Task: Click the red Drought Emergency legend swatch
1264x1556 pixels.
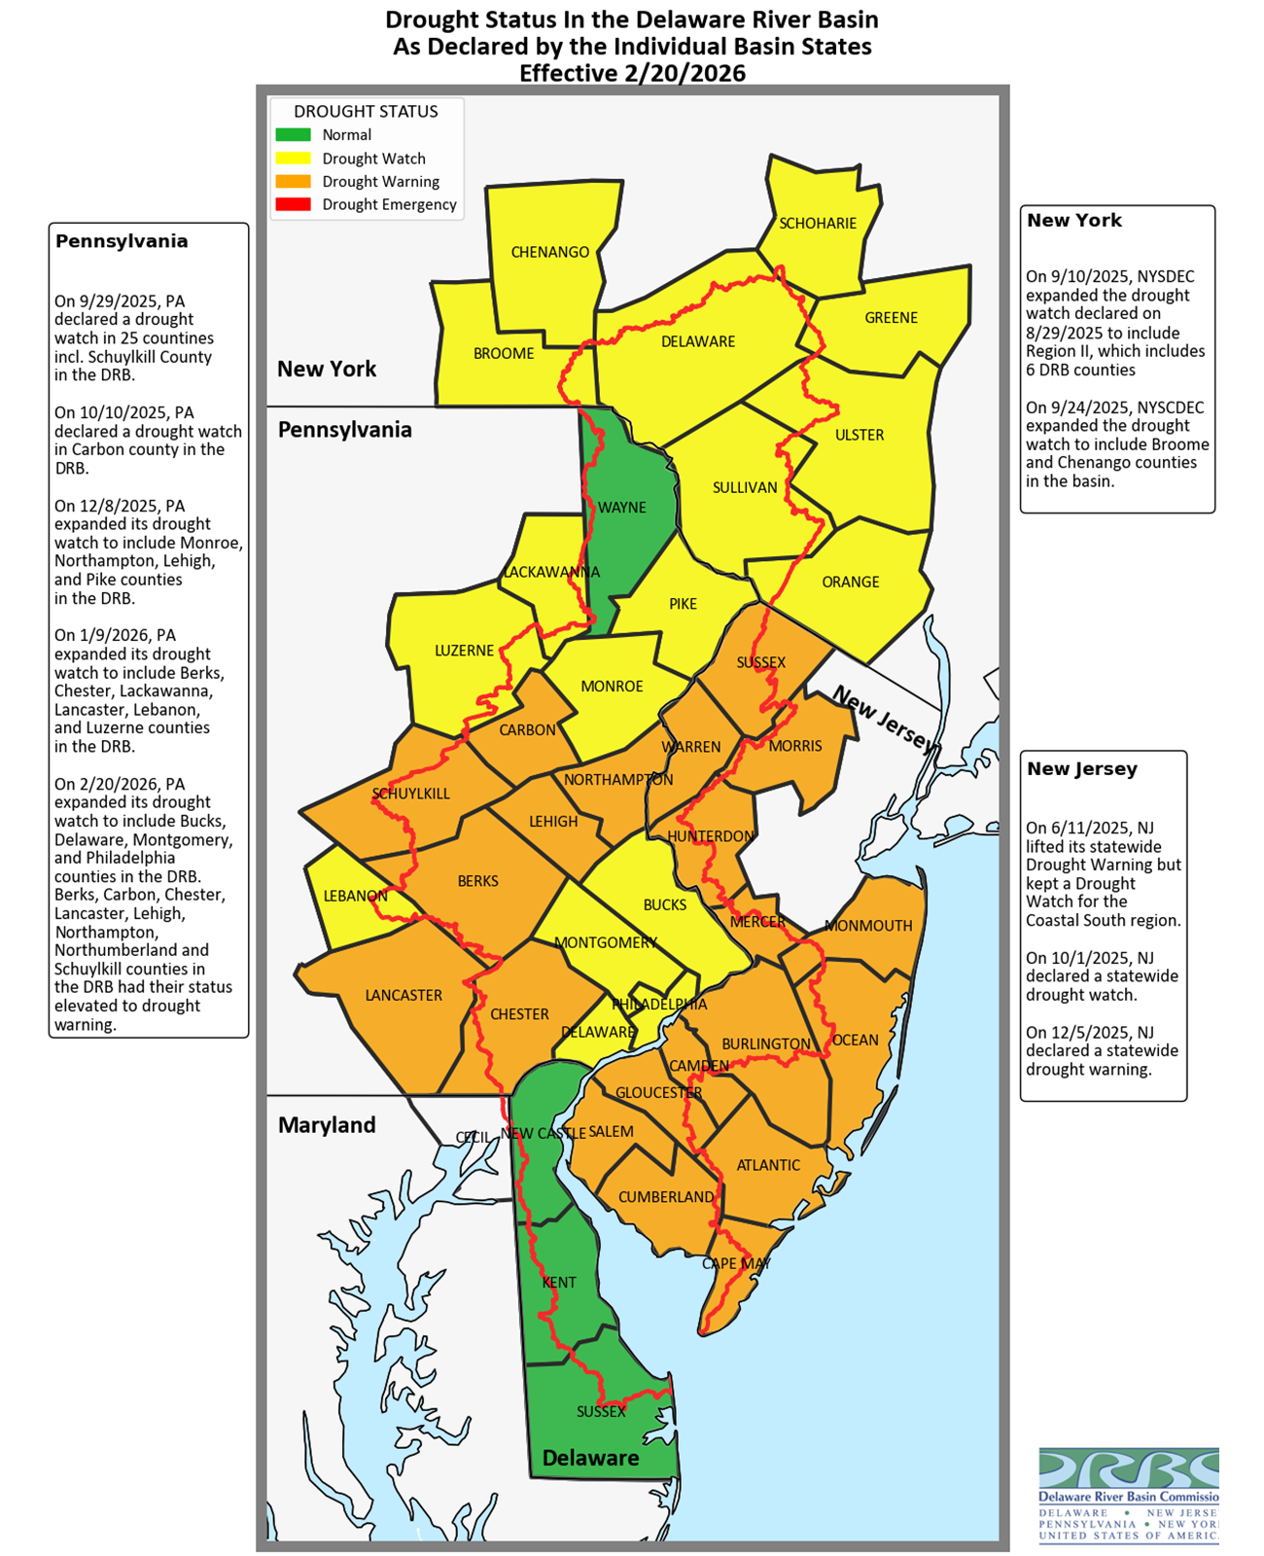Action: click(x=293, y=204)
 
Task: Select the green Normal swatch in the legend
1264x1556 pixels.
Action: click(x=293, y=135)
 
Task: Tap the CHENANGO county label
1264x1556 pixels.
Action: click(x=550, y=252)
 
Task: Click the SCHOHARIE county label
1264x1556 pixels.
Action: click(x=818, y=223)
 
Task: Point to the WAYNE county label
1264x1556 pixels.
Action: click(x=621, y=507)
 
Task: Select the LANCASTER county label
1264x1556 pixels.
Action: click(x=404, y=995)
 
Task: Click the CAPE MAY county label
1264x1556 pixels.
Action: click(x=736, y=1263)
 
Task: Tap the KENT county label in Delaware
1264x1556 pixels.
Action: click(x=559, y=1282)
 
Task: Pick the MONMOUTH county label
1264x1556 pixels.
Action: click(x=868, y=925)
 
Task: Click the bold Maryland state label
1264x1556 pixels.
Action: click(x=327, y=1125)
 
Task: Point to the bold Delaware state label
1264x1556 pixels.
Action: click(x=590, y=1458)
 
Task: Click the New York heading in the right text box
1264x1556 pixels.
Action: click(x=1074, y=220)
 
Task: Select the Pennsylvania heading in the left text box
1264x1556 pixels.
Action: click(x=122, y=241)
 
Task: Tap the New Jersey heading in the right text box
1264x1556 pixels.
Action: click(x=1081, y=768)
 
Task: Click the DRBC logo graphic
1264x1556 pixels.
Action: click(x=1128, y=1468)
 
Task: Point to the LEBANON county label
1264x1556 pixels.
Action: click(x=355, y=896)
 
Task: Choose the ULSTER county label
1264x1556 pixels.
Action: click(x=860, y=435)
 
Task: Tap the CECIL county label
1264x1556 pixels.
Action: click(x=474, y=1137)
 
